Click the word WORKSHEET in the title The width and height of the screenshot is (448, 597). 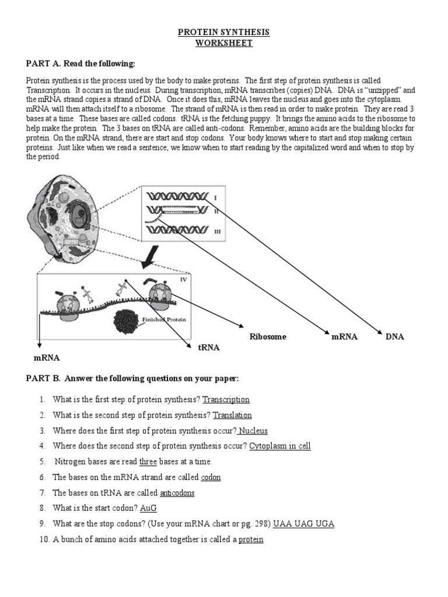(x=223, y=44)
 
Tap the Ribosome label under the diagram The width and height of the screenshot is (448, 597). (x=268, y=337)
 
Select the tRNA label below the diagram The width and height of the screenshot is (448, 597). (x=208, y=347)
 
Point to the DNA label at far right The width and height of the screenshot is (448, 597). (x=395, y=337)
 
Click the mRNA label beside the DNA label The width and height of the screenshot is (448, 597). (x=344, y=337)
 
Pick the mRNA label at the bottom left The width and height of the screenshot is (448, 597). (x=43, y=357)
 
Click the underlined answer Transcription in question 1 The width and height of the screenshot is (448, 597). (x=226, y=400)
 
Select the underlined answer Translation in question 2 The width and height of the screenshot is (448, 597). (x=232, y=415)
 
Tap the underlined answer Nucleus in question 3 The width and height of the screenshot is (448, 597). (x=253, y=431)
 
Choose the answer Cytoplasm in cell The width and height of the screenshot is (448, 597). (x=280, y=447)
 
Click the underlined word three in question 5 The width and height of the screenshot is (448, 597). (x=148, y=462)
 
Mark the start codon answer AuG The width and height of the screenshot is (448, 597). (x=149, y=508)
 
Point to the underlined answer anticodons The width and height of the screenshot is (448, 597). (x=177, y=493)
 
